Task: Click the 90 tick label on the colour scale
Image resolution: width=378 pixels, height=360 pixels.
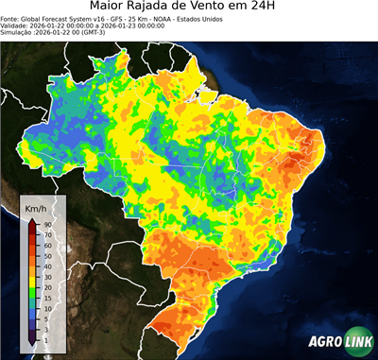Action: [x=47, y=224]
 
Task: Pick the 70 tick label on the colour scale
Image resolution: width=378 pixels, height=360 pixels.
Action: [x=47, y=232]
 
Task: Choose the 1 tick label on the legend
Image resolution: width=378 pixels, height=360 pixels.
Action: [x=45, y=339]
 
